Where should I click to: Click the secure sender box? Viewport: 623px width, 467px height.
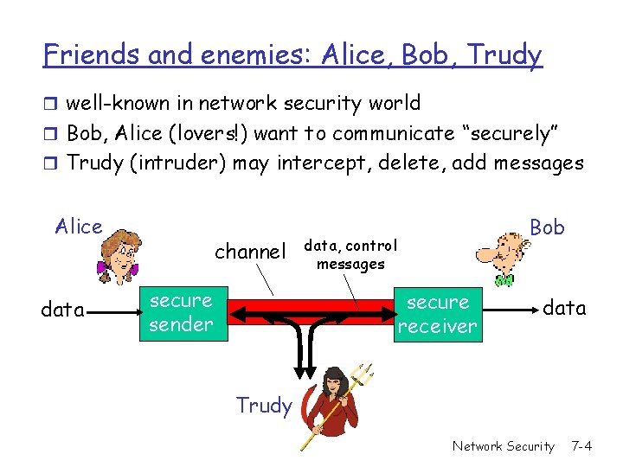181,313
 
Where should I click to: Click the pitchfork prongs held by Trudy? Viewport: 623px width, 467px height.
365,374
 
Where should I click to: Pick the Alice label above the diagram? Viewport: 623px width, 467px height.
79,227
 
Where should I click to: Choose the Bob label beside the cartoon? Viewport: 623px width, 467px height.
547,227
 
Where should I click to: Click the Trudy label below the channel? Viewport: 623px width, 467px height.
263,405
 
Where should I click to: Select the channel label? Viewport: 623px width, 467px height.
249,252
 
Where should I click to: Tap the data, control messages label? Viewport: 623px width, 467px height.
350,255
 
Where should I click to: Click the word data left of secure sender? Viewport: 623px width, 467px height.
62,310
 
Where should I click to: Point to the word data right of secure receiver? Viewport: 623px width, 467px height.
564,308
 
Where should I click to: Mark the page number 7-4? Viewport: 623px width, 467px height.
581,446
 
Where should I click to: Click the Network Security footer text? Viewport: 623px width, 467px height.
503,446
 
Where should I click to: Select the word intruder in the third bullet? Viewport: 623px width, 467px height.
179,163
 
